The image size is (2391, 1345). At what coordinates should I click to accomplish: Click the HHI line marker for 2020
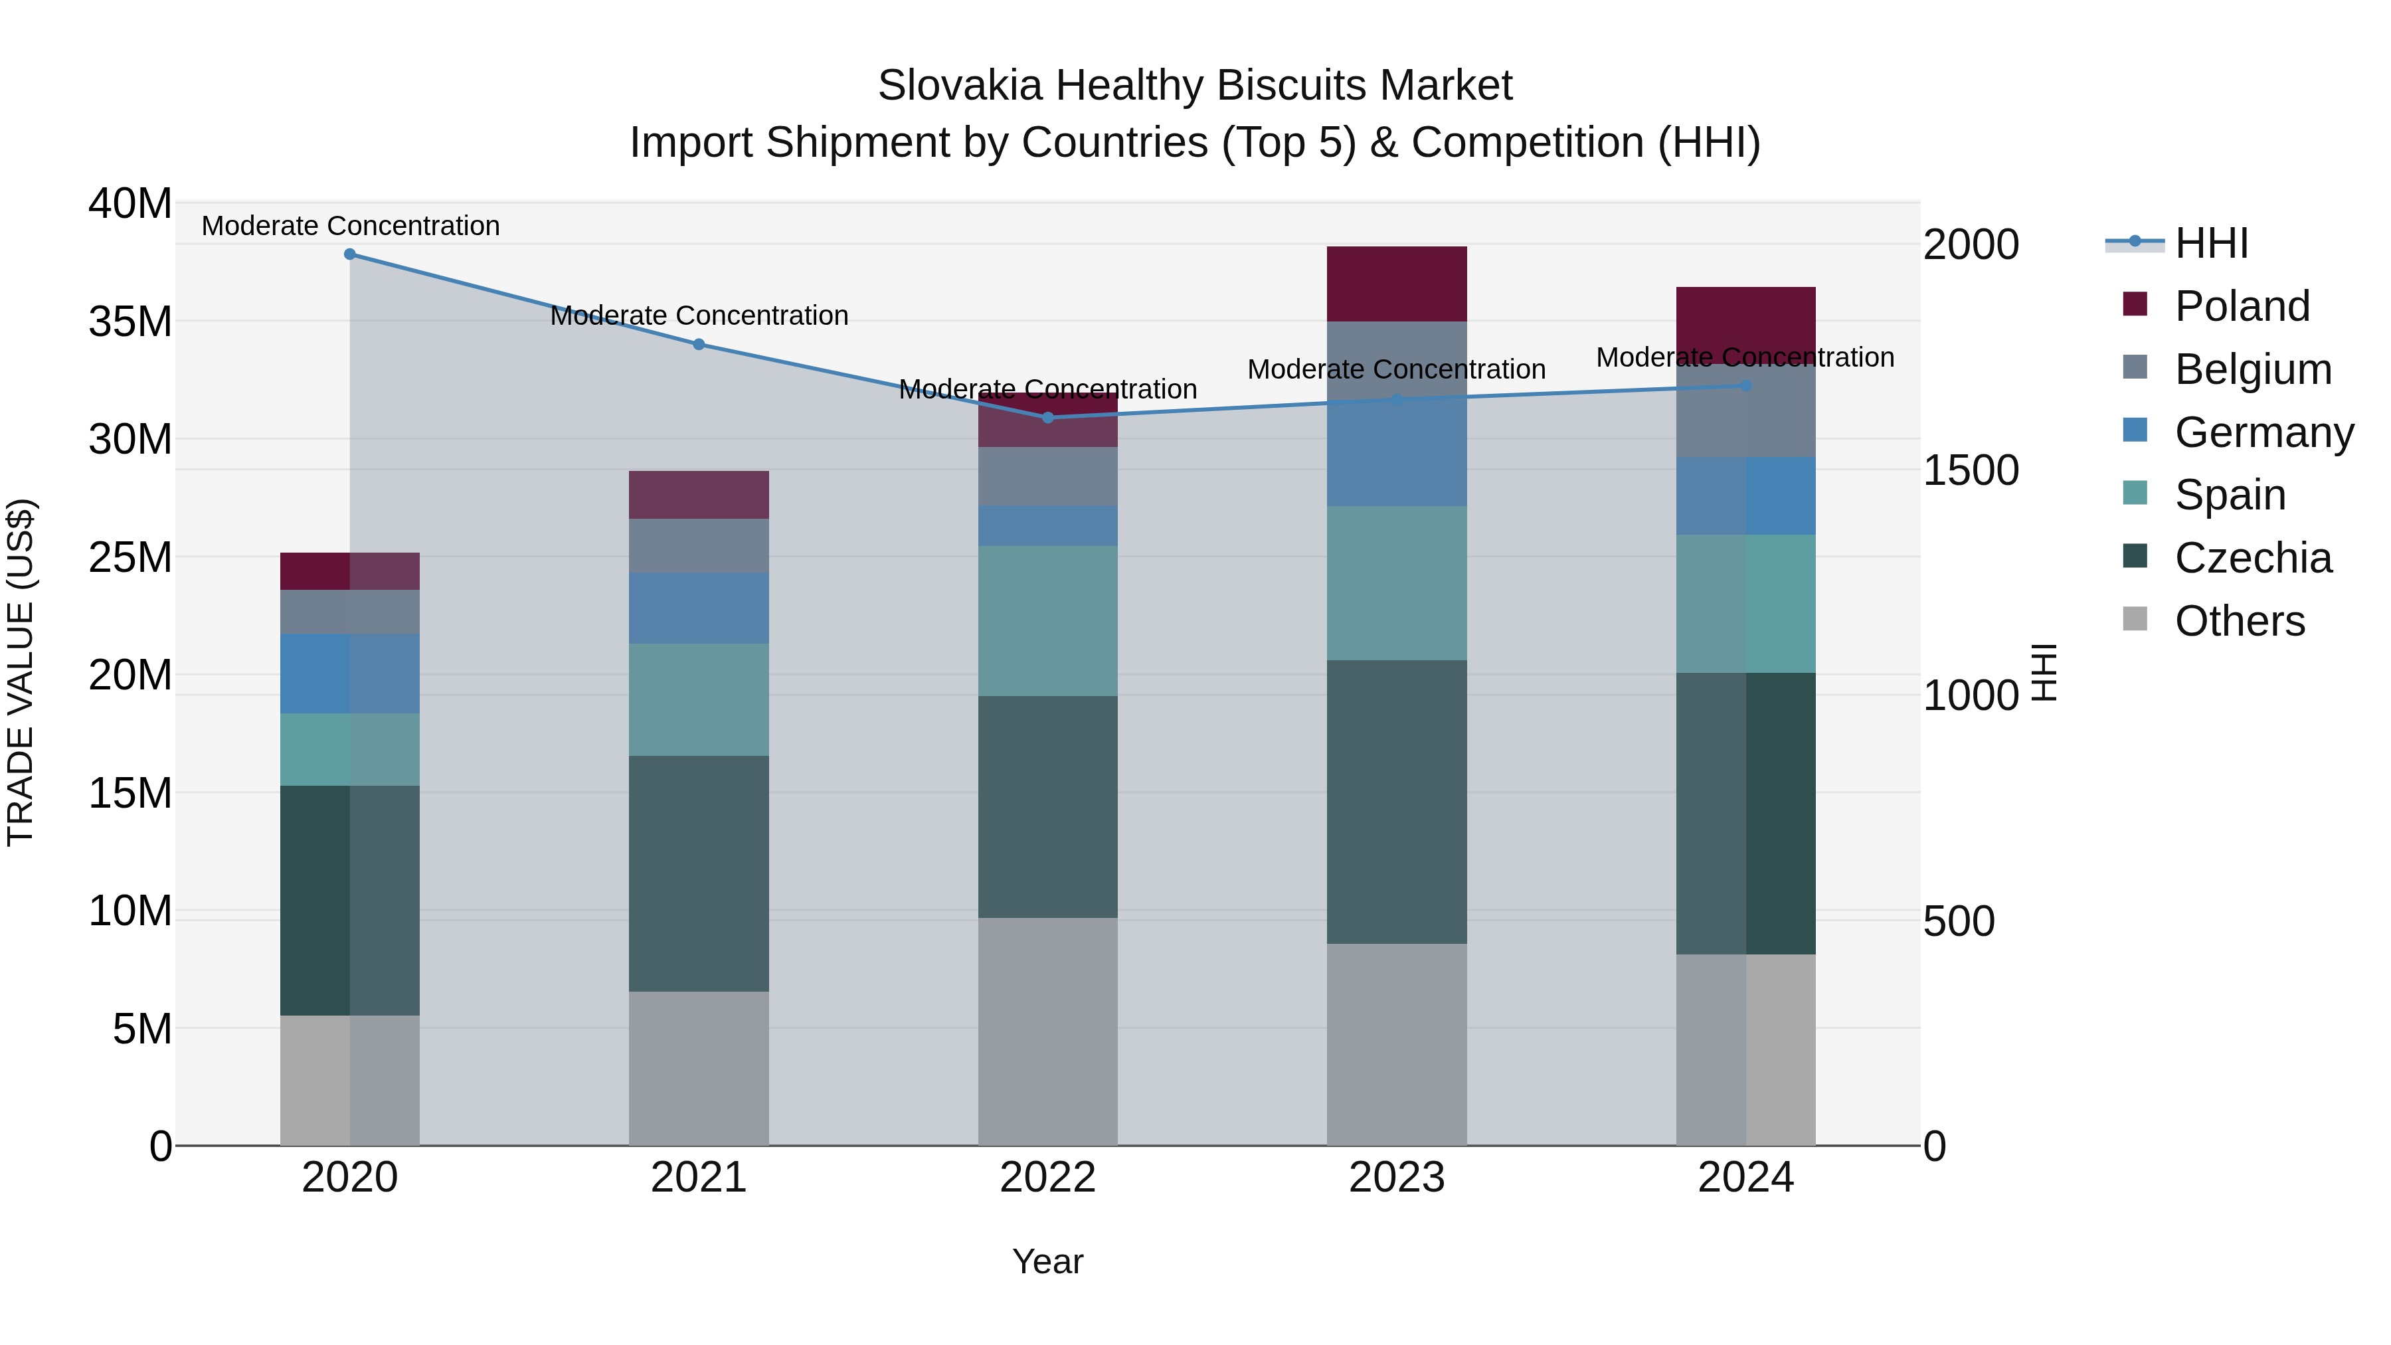[350, 254]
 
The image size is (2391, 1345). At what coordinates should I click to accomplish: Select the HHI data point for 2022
[1048, 418]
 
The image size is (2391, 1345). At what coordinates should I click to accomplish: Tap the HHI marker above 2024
[1746, 385]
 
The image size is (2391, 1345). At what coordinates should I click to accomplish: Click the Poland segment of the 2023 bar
[1396, 284]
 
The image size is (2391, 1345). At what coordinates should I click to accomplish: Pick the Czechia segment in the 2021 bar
[699, 873]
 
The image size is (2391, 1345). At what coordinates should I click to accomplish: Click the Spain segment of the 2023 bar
[1396, 583]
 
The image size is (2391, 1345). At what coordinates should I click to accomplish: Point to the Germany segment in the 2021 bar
[699, 608]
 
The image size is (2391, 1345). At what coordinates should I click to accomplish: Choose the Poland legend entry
[2242, 306]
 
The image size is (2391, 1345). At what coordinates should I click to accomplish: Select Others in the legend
[2239, 621]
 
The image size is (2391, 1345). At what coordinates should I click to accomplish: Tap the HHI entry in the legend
[2211, 243]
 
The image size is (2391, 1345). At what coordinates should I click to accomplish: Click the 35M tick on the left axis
[130, 322]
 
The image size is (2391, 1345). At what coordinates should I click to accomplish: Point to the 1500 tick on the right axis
[1971, 471]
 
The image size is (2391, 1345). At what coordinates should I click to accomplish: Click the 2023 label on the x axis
[1396, 1178]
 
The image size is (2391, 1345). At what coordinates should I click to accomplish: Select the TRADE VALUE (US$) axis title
[21, 672]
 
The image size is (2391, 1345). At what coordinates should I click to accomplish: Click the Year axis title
[1048, 1261]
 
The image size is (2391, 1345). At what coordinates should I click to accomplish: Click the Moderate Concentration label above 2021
[699, 315]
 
